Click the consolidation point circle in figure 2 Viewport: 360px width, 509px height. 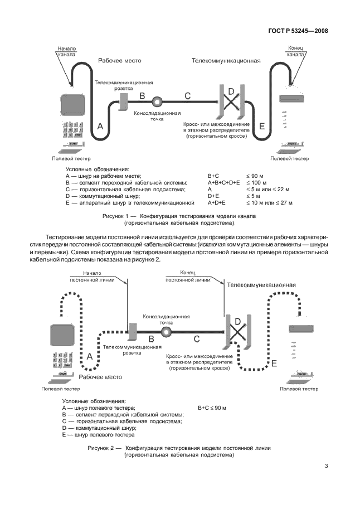(x=166, y=332)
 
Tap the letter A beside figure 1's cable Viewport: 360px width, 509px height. (x=100, y=127)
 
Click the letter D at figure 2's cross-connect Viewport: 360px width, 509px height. (x=237, y=322)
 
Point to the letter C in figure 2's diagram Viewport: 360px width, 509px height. (x=197, y=338)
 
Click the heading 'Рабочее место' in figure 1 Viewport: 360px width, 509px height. (x=119, y=60)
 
